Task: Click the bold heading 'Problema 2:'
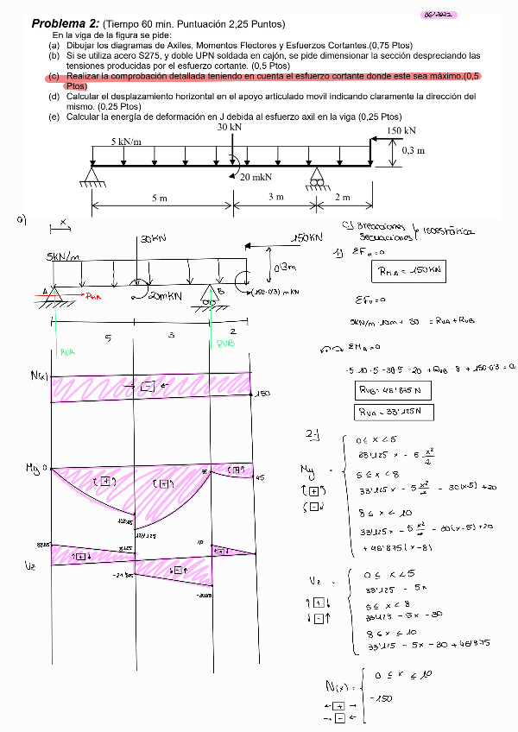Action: click(x=64, y=23)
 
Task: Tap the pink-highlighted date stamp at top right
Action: click(x=439, y=15)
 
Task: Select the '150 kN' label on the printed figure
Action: click(x=401, y=130)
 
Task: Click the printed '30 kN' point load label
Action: click(x=230, y=127)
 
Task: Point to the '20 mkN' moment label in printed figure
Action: click(x=256, y=177)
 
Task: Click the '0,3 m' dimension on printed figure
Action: click(x=414, y=149)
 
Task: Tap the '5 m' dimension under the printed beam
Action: click(x=160, y=198)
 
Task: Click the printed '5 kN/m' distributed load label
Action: click(x=126, y=141)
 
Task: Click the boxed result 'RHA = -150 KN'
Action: click(x=410, y=271)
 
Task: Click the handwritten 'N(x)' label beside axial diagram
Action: click(x=38, y=375)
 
